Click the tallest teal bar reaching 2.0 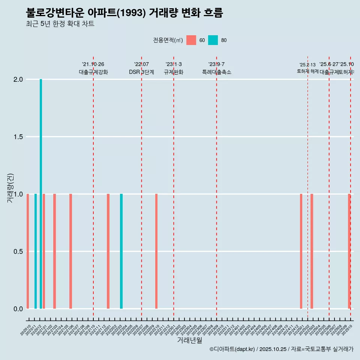click(41, 193)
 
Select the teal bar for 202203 click(121, 251)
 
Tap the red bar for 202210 click(156, 251)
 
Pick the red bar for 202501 click(301, 251)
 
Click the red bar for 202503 click(312, 251)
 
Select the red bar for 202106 click(70, 251)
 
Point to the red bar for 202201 click(108, 251)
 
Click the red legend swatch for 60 click(191, 40)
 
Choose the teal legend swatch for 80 click(213, 40)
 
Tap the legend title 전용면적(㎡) click(168, 40)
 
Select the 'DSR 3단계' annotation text click(142, 72)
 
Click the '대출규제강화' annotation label click(93, 72)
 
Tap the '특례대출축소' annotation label click(217, 72)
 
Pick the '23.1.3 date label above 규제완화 click(174, 64)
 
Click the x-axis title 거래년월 click(189, 340)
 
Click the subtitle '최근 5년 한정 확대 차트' click(60, 24)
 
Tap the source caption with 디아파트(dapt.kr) click(281, 349)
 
